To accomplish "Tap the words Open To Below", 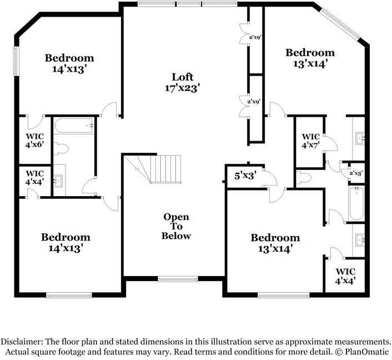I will (x=176, y=226).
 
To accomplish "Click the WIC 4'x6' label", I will (x=34, y=139).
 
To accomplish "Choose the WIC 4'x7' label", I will (x=310, y=141).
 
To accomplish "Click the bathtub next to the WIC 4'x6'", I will (x=74, y=127).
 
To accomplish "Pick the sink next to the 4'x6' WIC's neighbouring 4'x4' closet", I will (x=59, y=181).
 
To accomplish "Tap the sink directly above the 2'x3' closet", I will (x=358, y=137).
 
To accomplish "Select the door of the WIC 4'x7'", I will (x=330, y=143).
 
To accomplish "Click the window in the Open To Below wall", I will (x=173, y=278).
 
